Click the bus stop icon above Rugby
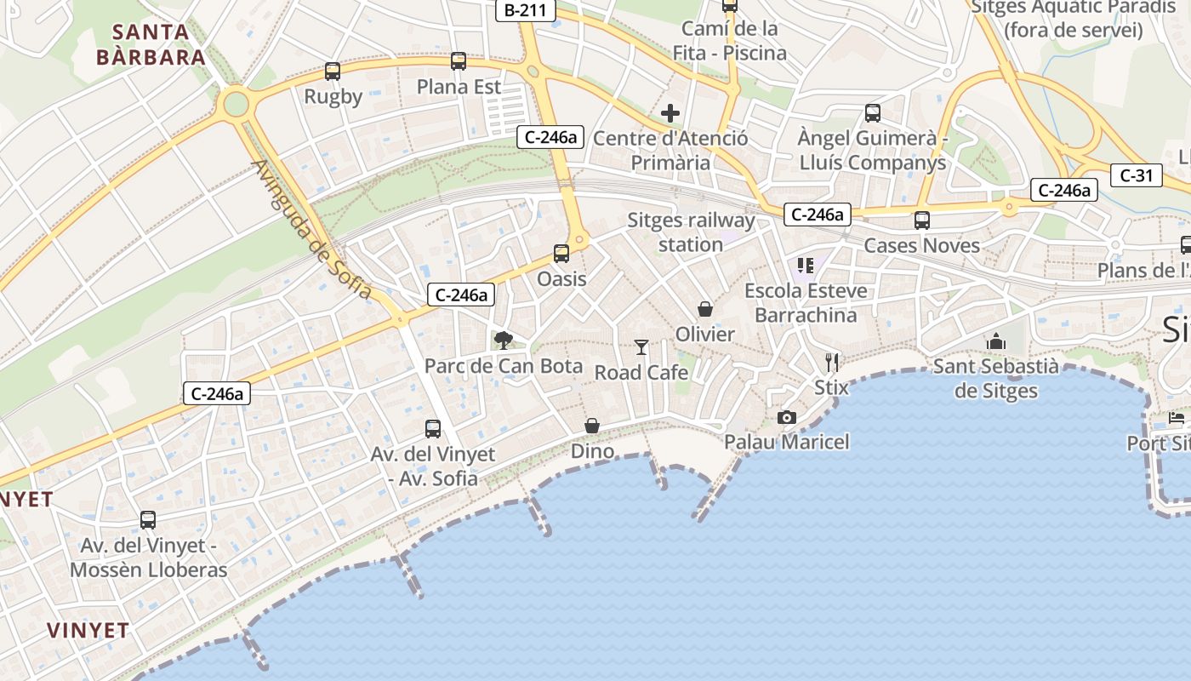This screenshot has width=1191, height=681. click(333, 72)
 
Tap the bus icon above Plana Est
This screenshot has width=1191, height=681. click(459, 61)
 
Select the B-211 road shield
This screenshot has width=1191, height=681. click(526, 10)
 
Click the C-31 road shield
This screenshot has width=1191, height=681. click(1136, 176)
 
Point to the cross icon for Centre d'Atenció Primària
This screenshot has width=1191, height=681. click(670, 112)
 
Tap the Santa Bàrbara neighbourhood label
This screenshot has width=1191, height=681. click(151, 45)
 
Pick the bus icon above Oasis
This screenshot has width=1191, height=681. click(561, 254)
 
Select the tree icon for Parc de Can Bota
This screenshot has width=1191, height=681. click(504, 340)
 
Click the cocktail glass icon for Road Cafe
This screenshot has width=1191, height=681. click(641, 346)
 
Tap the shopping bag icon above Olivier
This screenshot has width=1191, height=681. click(705, 308)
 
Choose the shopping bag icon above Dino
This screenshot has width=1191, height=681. click(592, 426)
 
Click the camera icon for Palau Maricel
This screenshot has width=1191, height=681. click(787, 417)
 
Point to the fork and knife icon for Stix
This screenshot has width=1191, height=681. click(832, 363)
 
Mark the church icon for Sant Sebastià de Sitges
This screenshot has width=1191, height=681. click(996, 341)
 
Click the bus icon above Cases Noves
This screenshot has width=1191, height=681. click(922, 220)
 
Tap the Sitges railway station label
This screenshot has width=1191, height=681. click(691, 232)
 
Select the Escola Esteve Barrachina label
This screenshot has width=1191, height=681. click(806, 302)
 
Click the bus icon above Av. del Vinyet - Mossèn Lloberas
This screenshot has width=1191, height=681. click(148, 520)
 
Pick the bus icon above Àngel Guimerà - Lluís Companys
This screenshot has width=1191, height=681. click(873, 112)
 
